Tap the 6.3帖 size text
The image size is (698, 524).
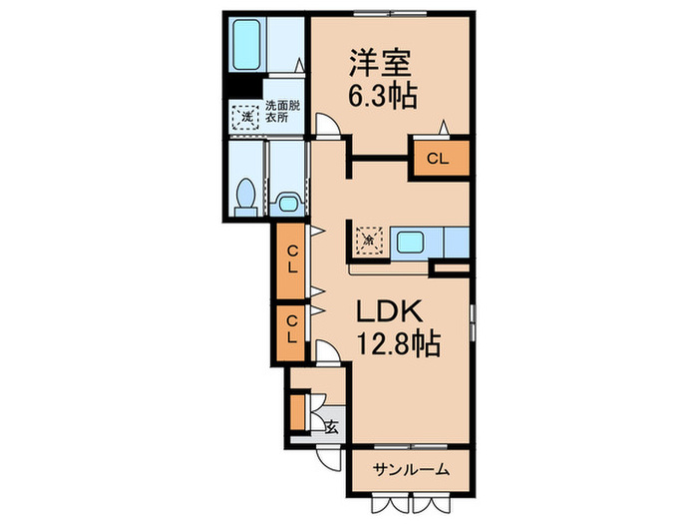383,96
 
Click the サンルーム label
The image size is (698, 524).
411,469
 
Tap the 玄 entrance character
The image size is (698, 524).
330,427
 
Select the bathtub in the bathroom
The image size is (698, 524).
245,44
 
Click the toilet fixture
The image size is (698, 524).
244,195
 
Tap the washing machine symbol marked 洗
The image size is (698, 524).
246,118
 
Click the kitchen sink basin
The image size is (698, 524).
411,241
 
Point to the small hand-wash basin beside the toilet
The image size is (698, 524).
288,203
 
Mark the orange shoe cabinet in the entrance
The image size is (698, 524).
297,410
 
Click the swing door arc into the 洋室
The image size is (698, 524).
325,126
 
